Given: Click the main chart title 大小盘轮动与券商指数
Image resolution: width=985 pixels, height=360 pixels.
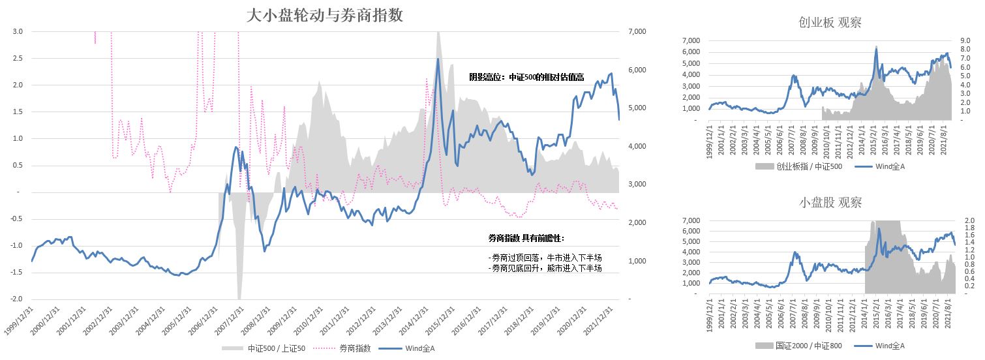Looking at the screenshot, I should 324,16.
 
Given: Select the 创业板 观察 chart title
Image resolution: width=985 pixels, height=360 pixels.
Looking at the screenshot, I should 830,22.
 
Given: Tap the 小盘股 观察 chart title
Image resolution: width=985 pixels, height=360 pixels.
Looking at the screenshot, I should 830,203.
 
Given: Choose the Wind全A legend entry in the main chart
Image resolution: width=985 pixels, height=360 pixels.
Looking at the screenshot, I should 418,348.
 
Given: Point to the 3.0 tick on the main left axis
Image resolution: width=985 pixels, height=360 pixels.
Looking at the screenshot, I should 18,31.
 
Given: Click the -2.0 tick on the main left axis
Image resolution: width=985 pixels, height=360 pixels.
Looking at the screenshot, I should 16,299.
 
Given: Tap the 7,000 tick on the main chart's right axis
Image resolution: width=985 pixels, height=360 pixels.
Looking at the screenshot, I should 637,31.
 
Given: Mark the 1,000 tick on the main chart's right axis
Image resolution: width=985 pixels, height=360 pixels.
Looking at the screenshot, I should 637,261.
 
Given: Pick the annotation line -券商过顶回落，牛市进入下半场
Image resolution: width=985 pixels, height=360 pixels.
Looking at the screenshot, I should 545,258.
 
